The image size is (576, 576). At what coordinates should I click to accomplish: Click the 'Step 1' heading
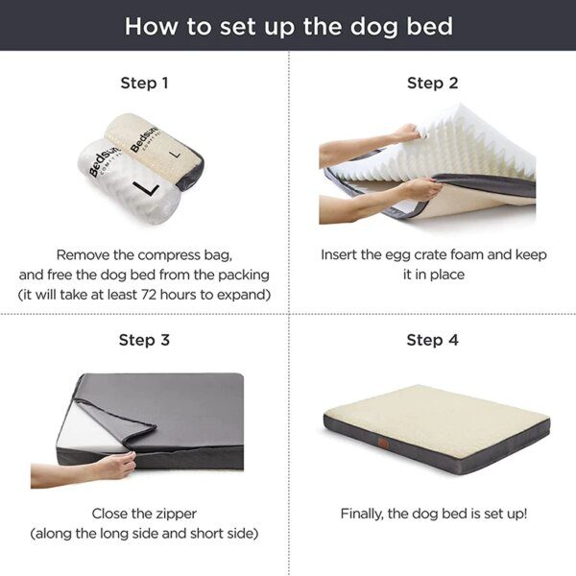144,83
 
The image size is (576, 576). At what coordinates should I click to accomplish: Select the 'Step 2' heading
431,83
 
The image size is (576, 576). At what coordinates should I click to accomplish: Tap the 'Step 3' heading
144,340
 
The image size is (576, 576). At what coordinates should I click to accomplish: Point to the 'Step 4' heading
431,340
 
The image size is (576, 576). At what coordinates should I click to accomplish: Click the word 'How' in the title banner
149,25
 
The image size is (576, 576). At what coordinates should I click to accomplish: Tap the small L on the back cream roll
174,151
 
